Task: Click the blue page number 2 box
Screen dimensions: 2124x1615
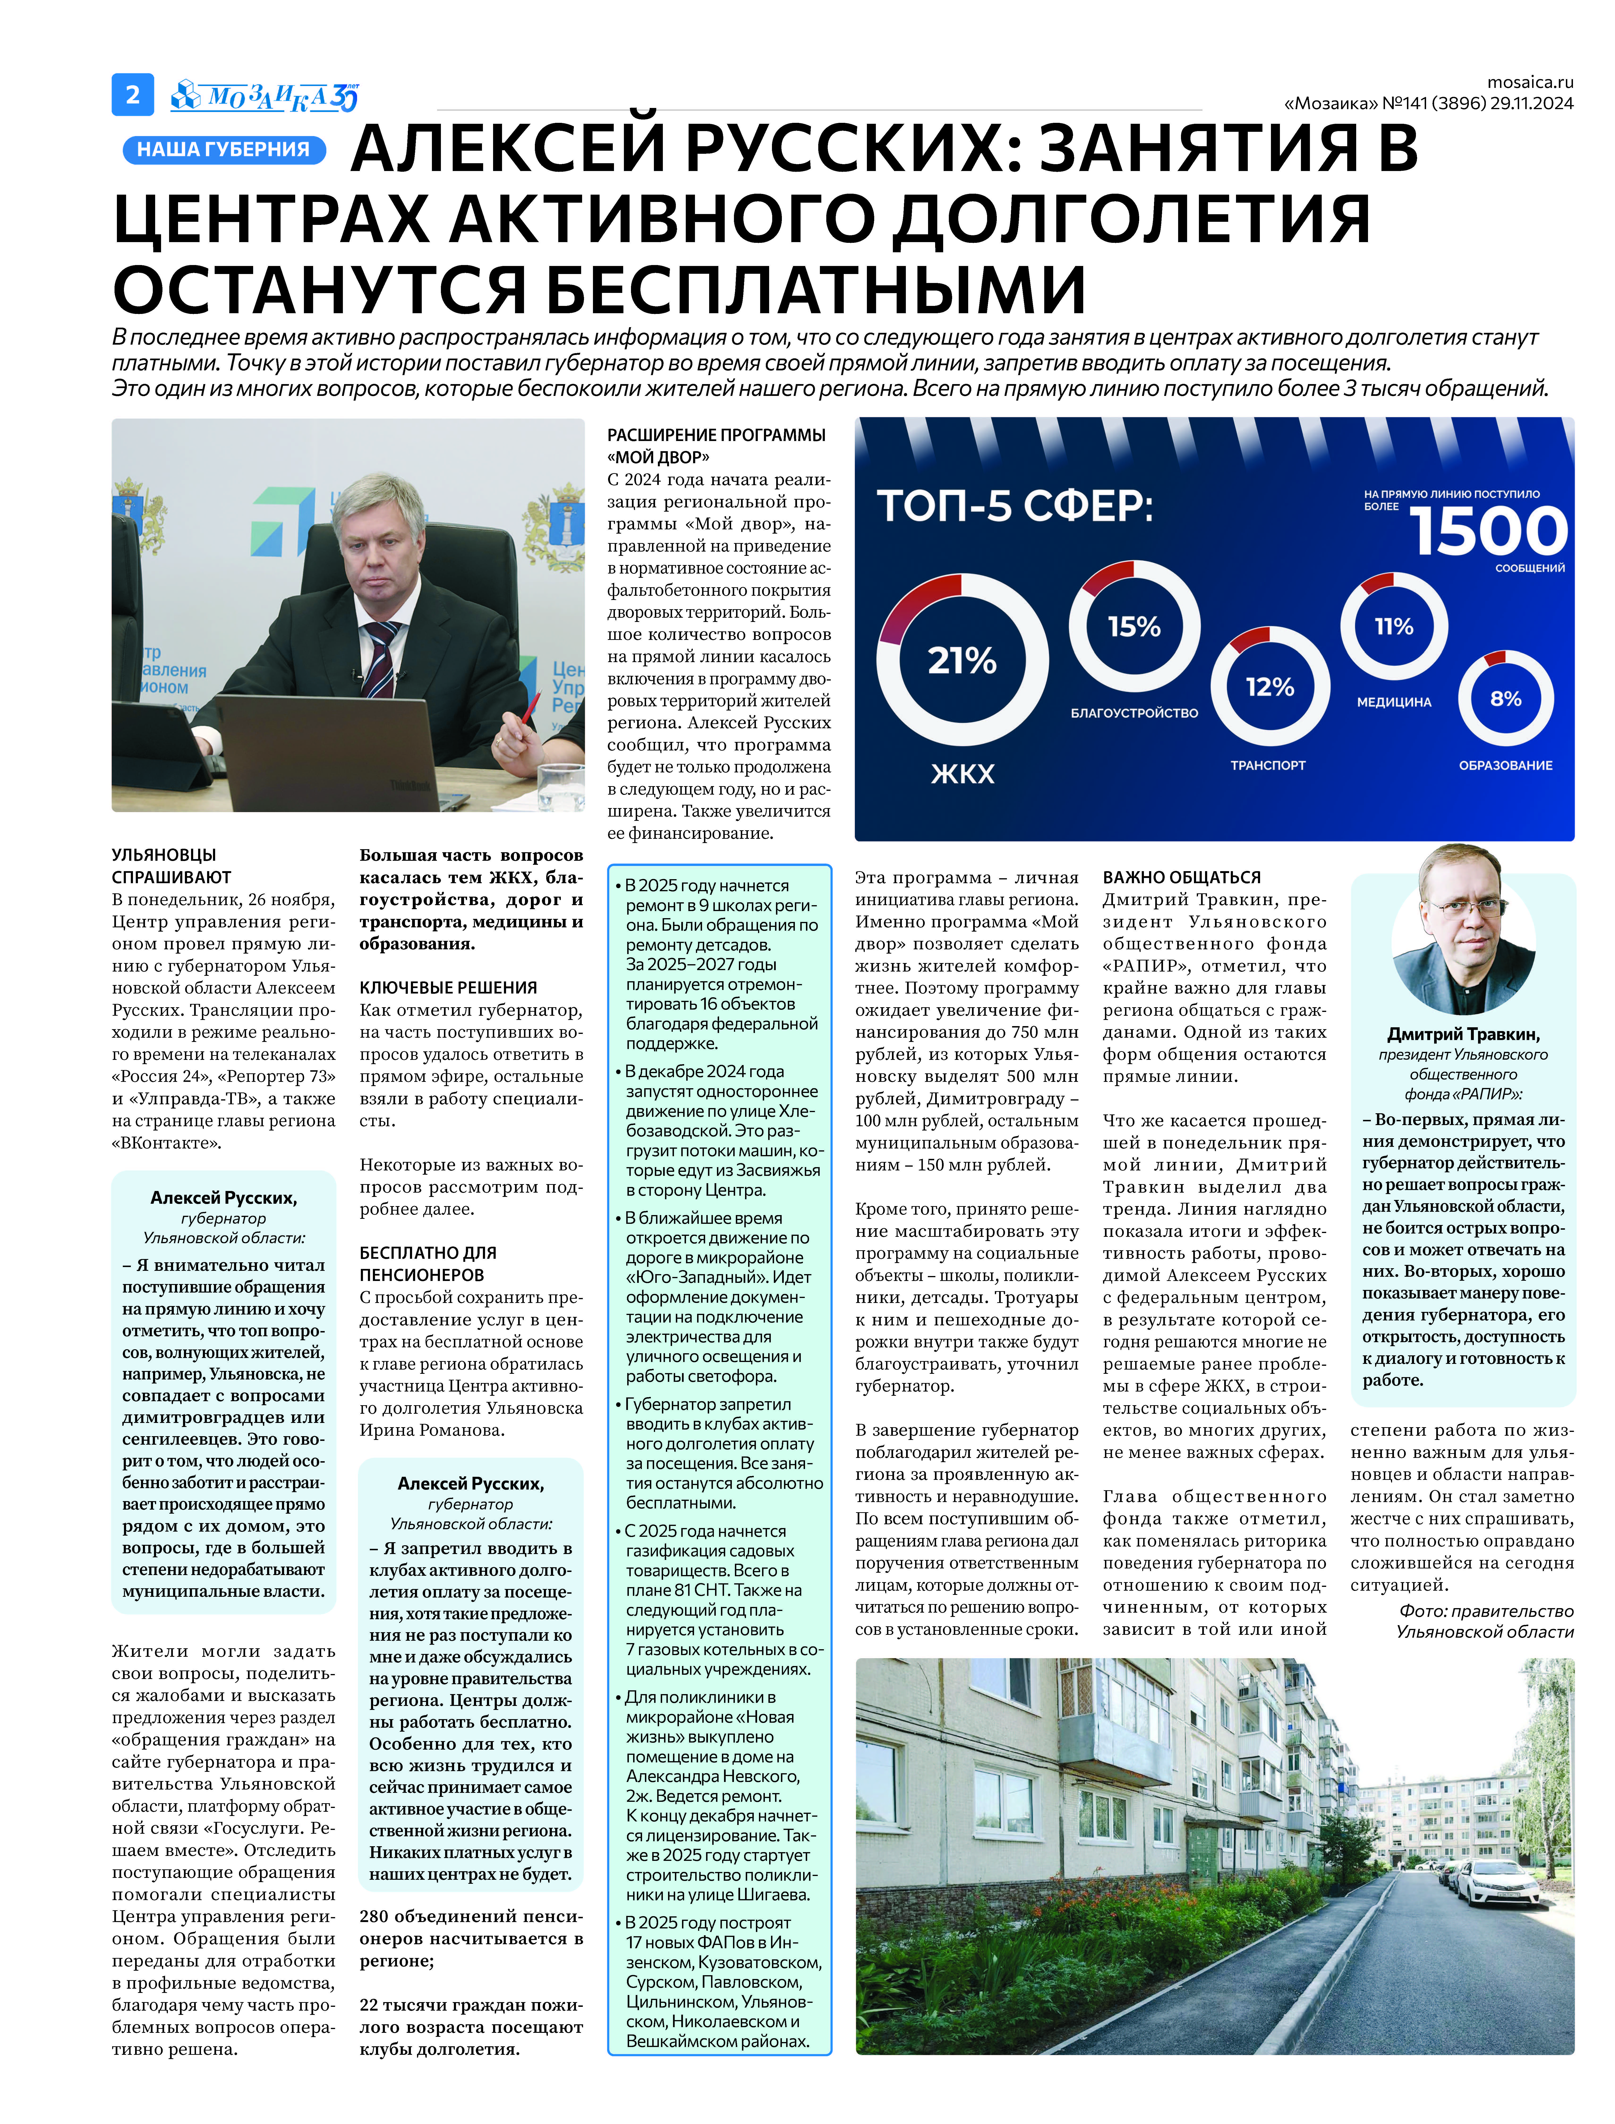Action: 133,94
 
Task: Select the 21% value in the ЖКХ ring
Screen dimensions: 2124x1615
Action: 961,661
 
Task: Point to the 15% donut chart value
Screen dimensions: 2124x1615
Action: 1134,627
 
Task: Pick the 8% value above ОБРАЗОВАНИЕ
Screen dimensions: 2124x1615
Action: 1505,699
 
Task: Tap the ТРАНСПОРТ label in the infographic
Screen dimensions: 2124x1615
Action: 1268,765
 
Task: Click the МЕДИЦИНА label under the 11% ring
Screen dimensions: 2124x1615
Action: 1394,702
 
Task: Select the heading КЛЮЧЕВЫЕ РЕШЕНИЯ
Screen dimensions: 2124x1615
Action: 448,988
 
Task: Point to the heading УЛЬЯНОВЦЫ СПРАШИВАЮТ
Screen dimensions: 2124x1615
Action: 171,865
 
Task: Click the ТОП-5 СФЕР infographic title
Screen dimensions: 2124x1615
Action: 1014,506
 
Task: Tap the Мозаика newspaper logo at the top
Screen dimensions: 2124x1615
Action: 264,96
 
